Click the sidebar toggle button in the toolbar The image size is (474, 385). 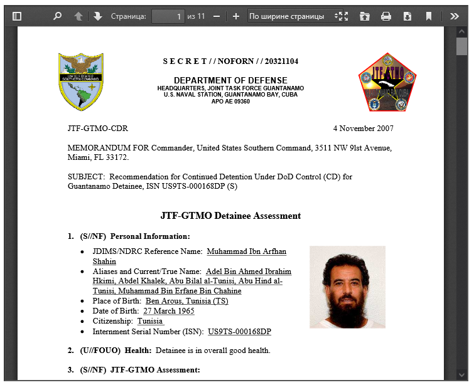tap(17, 16)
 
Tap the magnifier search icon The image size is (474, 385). tap(58, 16)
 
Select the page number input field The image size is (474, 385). tap(168, 16)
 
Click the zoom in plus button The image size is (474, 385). tap(236, 16)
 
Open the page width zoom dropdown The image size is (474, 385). tap(291, 16)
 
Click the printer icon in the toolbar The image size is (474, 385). tap(386, 16)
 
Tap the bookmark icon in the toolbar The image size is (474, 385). tap(429, 16)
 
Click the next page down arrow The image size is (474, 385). tap(98, 16)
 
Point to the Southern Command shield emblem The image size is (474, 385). tap(80, 82)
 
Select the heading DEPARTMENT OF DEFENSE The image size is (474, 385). tap(230, 80)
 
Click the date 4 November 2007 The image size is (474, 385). tap(363, 129)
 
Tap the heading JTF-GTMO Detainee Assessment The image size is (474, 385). tap(230, 216)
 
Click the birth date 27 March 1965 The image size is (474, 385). tap(168, 311)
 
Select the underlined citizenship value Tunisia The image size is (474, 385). tap(150, 321)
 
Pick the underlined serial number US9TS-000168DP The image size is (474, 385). tap(239, 331)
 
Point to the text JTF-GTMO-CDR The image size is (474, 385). tap(97, 129)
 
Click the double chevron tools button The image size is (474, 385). tap(455, 16)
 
